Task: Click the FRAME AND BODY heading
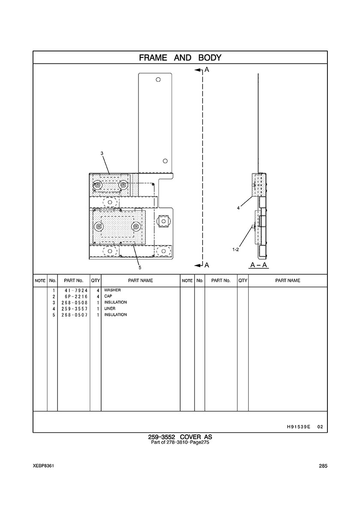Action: pyautogui.click(x=180, y=58)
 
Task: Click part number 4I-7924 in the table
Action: pyautogui.click(x=76, y=290)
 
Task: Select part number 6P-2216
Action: pyautogui.click(x=76, y=296)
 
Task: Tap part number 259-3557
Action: pyautogui.click(x=75, y=309)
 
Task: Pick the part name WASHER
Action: pyautogui.click(x=112, y=290)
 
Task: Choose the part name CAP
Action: pyautogui.click(x=108, y=296)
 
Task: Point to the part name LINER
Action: pyautogui.click(x=110, y=308)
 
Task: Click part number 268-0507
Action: pyautogui.click(x=75, y=315)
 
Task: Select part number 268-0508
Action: pyautogui.click(x=75, y=302)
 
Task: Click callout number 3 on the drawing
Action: pyautogui.click(x=102, y=153)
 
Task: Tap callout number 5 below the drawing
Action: pyautogui.click(x=140, y=268)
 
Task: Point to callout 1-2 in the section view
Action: pyautogui.click(x=236, y=249)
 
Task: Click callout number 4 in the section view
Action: pyautogui.click(x=238, y=208)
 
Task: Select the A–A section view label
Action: pyautogui.click(x=259, y=265)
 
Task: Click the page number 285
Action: pyautogui.click(x=323, y=466)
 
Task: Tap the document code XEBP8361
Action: pyautogui.click(x=43, y=466)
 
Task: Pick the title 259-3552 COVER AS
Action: pyautogui.click(x=180, y=437)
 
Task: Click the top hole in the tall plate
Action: pyautogui.click(x=158, y=80)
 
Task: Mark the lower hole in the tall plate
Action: pyautogui.click(x=165, y=161)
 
